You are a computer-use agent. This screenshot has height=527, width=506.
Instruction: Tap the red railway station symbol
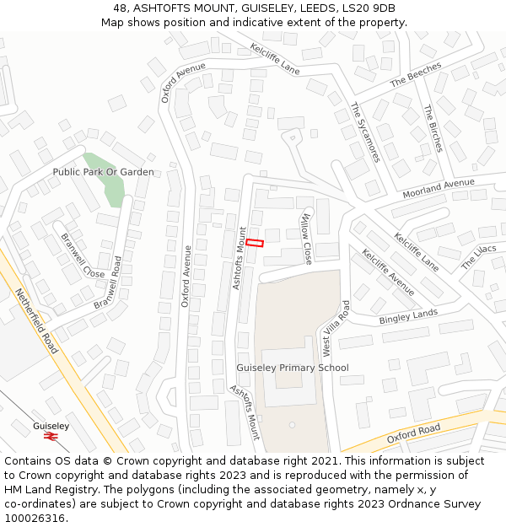tap(51, 438)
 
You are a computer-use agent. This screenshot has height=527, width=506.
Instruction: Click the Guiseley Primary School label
tap(292, 368)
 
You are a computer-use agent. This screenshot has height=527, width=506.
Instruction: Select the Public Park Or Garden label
tap(103, 172)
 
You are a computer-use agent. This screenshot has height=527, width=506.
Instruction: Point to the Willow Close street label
tap(306, 239)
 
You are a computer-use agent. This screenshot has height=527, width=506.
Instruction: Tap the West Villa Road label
tap(333, 328)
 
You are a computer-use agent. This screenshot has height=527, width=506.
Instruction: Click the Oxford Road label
tap(413, 434)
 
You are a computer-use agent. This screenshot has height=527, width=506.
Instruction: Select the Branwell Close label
tap(83, 255)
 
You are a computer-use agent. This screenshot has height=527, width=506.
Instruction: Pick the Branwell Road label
tap(109, 282)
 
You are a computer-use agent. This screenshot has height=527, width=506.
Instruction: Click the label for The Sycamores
tap(365, 132)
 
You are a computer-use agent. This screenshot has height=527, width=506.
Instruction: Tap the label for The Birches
tap(433, 128)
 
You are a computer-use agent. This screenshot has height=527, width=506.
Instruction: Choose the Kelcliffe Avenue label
tap(388, 272)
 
